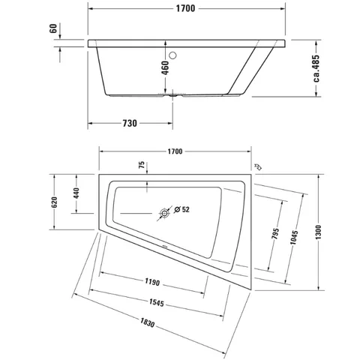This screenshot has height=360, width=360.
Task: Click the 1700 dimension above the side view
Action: tap(185, 8)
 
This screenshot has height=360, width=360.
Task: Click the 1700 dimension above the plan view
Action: tap(175, 151)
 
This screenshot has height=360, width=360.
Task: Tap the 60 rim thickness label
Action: tap(53, 28)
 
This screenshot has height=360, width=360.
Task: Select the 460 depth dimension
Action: tap(165, 67)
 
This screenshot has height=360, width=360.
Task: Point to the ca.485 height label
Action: tap(316, 68)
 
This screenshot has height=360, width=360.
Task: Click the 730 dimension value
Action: tap(130, 123)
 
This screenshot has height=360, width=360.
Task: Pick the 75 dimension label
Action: tap(142, 165)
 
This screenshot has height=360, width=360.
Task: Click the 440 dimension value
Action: tap(76, 193)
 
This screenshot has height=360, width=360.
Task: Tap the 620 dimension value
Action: tap(54, 202)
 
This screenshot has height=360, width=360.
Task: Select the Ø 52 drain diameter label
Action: tap(181, 209)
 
